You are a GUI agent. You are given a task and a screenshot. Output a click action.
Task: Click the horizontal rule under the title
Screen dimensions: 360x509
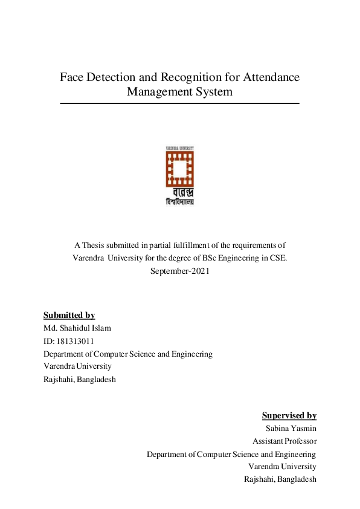(x=179, y=103)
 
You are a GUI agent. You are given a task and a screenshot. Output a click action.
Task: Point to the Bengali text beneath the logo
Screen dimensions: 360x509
(x=179, y=197)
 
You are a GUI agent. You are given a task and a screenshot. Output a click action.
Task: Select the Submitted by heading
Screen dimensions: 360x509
(x=69, y=315)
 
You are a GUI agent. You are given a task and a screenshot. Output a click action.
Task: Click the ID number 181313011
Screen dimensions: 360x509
(x=75, y=341)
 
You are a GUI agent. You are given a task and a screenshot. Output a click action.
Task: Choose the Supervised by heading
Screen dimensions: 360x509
(x=289, y=415)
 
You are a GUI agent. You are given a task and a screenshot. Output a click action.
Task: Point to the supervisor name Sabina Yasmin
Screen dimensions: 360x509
(x=291, y=428)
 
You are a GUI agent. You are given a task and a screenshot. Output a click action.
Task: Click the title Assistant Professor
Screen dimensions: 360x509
(x=284, y=441)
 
